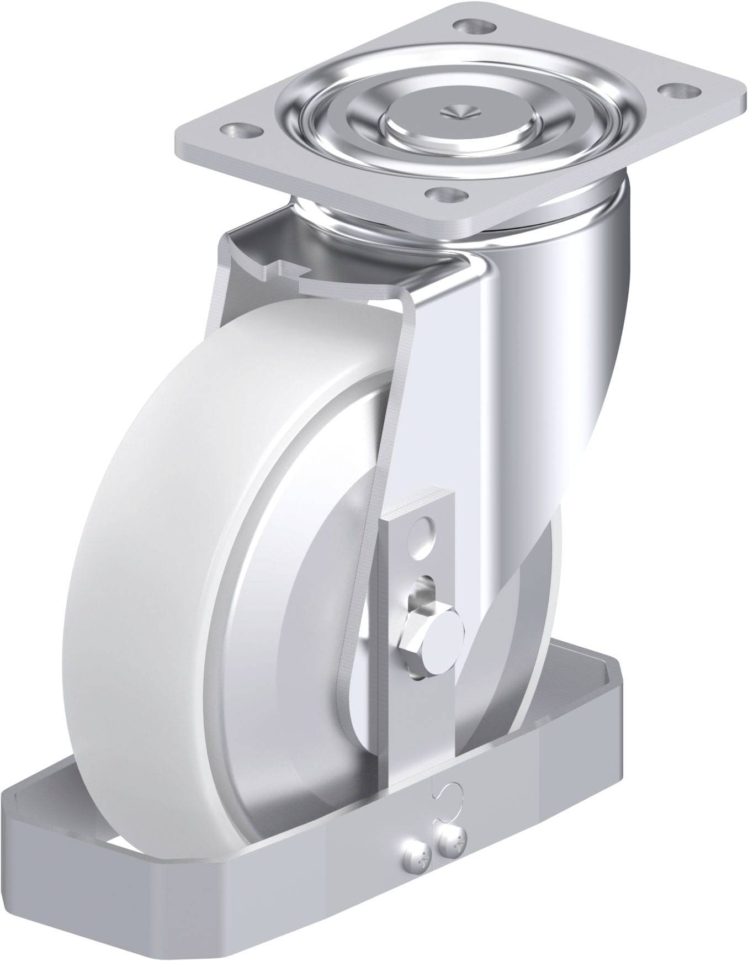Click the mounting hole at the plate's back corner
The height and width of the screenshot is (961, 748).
pyautogui.click(x=474, y=27)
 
